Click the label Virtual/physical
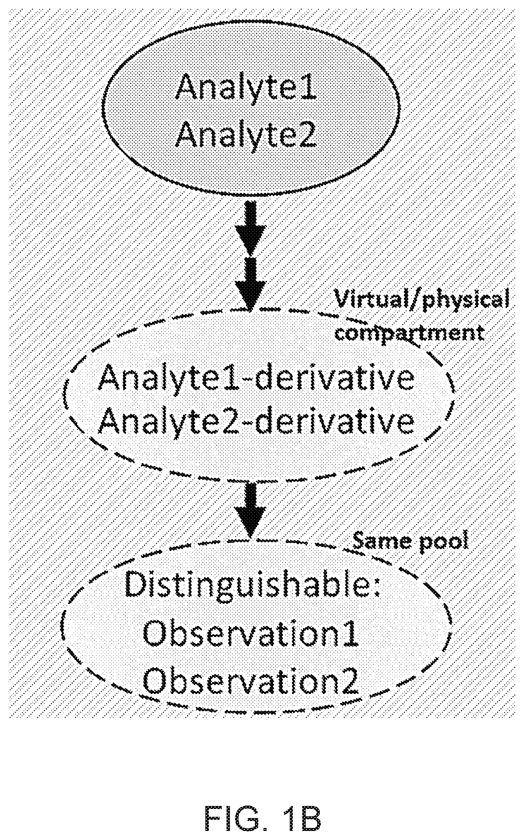(420, 299)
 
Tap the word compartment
(409, 333)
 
